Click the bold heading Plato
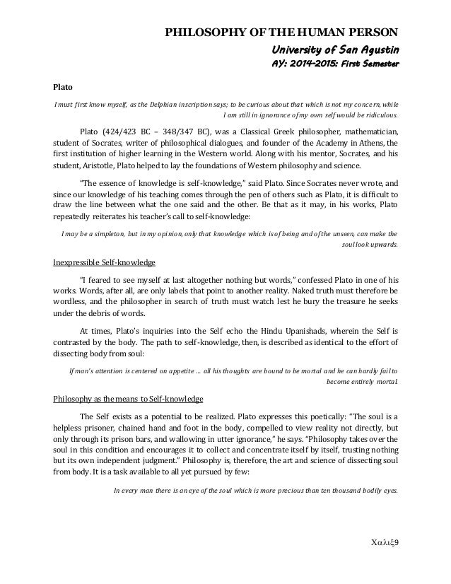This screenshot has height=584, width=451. point(62,90)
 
